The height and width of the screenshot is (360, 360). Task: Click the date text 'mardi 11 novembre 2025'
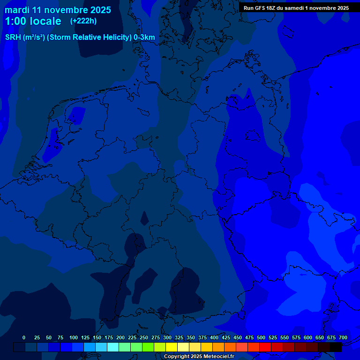coord(58,10)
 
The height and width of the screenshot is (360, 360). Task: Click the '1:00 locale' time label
coord(33,21)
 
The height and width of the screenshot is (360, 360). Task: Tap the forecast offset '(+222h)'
coord(83,21)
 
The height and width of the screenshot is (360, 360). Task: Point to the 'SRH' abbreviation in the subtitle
coord(13,37)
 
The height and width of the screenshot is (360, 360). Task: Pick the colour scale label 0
coord(24,337)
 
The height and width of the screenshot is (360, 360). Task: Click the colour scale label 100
coord(74,337)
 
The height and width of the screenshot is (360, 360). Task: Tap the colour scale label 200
coord(120,337)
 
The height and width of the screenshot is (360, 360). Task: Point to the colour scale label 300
coord(167,337)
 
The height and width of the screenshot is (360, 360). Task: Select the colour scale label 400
coord(214,337)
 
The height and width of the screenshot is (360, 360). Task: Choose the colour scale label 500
coord(261,337)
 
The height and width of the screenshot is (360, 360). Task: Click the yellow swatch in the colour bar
coord(172,347)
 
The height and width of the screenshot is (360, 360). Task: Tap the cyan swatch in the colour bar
coord(113,347)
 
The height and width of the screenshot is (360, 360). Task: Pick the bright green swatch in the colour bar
coord(148,347)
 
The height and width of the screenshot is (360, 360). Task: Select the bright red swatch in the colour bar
coord(265,347)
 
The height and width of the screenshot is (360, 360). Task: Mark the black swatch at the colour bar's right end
coord(336,347)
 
